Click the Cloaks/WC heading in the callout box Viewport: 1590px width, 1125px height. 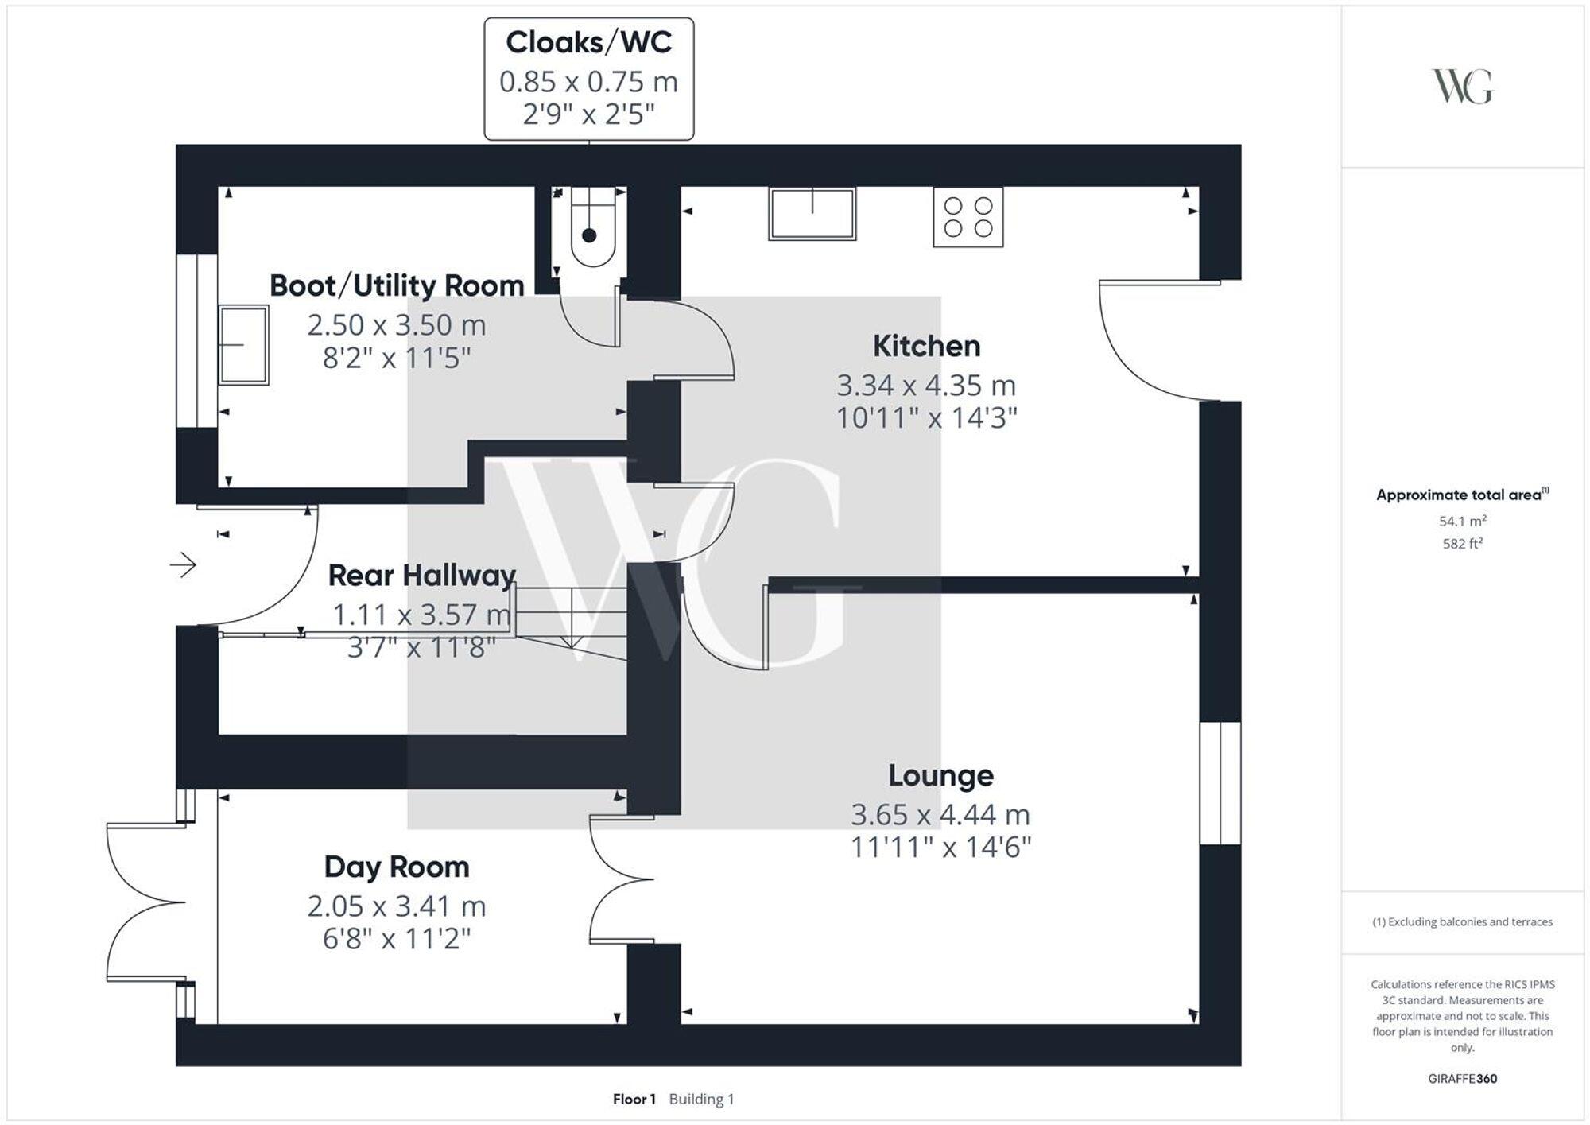click(x=588, y=43)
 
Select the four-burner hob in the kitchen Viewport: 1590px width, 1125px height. click(x=968, y=217)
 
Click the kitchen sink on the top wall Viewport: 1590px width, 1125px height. click(x=812, y=213)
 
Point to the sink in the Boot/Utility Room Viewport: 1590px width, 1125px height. click(x=244, y=345)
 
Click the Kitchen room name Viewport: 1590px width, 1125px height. click(x=926, y=347)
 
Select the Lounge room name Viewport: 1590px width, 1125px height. click(x=940, y=775)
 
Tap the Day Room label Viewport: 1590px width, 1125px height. click(x=396, y=867)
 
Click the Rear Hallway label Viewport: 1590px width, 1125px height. click(x=421, y=575)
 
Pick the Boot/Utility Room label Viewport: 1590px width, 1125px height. click(x=396, y=285)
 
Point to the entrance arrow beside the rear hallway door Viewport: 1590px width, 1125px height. click(x=183, y=565)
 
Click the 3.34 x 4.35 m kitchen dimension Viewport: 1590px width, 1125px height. click(x=926, y=386)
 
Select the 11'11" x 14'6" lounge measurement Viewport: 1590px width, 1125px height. click(x=940, y=848)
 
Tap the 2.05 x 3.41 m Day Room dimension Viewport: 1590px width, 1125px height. click(x=396, y=906)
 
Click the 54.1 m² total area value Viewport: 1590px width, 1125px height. click(x=1462, y=522)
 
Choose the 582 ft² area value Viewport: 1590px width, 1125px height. click(x=1462, y=544)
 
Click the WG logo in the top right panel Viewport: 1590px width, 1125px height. click(x=1462, y=87)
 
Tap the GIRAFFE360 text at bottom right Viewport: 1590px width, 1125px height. click(x=1462, y=1079)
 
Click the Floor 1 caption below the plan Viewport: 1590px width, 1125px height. click(x=634, y=1100)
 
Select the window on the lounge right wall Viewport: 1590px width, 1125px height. click(x=1220, y=783)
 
